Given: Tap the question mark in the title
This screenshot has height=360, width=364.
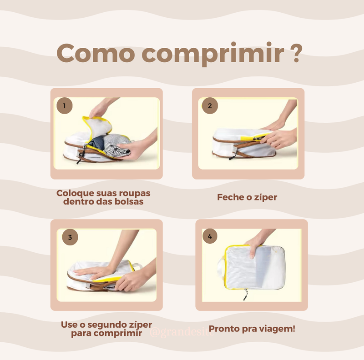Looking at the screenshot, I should click(295, 54).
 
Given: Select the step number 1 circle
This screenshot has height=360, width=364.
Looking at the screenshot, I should click(64, 106).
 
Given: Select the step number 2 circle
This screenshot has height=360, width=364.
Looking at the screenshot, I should click(210, 106).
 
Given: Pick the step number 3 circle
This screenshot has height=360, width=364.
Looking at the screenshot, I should click(70, 237).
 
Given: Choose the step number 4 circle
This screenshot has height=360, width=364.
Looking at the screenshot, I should click(210, 236).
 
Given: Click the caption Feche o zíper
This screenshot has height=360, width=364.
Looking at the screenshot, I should click(247, 197).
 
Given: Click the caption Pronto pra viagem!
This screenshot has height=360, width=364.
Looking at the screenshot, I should click(252, 328).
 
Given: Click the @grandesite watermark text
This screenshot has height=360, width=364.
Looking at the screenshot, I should click(180, 333).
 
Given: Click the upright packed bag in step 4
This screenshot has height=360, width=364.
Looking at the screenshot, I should click(255, 268).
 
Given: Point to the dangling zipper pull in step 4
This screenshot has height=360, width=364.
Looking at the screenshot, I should click(245, 295).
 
